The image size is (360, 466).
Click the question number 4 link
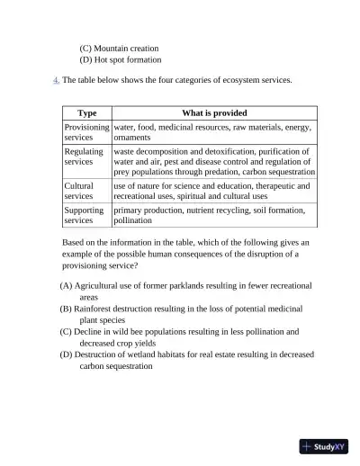pos(56,80)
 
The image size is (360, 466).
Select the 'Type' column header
pos(87,113)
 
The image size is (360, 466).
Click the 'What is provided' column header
pos(214,113)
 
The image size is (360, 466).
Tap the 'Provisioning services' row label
pos(86,132)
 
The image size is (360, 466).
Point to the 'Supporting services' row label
pos(84,214)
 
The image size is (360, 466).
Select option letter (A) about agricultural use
pos(67,285)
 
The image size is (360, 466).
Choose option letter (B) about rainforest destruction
pos(67,309)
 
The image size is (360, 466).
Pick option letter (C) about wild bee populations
pos(67,332)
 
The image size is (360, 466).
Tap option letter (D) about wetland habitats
pos(67,355)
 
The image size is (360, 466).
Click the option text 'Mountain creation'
pos(126,48)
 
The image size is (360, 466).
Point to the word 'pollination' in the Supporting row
pos(134,220)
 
